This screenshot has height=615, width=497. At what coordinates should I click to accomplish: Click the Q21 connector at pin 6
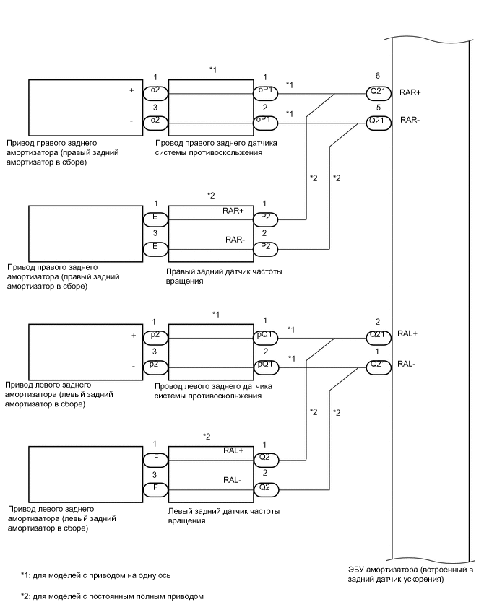tap(376, 93)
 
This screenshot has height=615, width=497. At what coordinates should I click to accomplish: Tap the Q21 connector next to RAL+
tap(376, 334)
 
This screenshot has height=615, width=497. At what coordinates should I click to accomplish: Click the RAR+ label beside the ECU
tap(410, 93)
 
